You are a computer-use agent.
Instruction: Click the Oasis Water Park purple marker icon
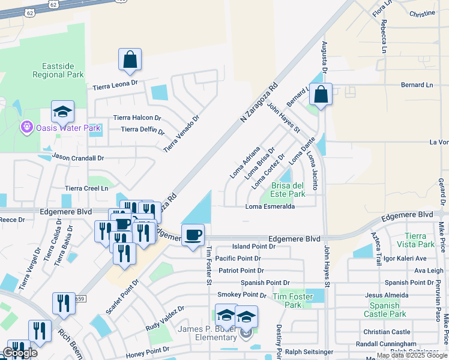click(26, 127)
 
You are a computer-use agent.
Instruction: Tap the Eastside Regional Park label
click(62, 70)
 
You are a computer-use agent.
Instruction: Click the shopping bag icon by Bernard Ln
click(321, 94)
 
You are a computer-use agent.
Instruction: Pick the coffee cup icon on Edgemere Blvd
click(193, 235)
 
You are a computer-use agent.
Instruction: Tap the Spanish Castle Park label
click(385, 310)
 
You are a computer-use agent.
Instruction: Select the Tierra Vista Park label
click(420, 240)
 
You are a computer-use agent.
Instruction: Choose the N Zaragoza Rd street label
click(259, 104)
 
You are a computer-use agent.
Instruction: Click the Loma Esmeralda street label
click(270, 206)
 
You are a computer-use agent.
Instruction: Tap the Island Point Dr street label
click(253, 246)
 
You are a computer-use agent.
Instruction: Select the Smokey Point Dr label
click(242, 295)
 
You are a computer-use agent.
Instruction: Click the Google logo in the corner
click(20, 353)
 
